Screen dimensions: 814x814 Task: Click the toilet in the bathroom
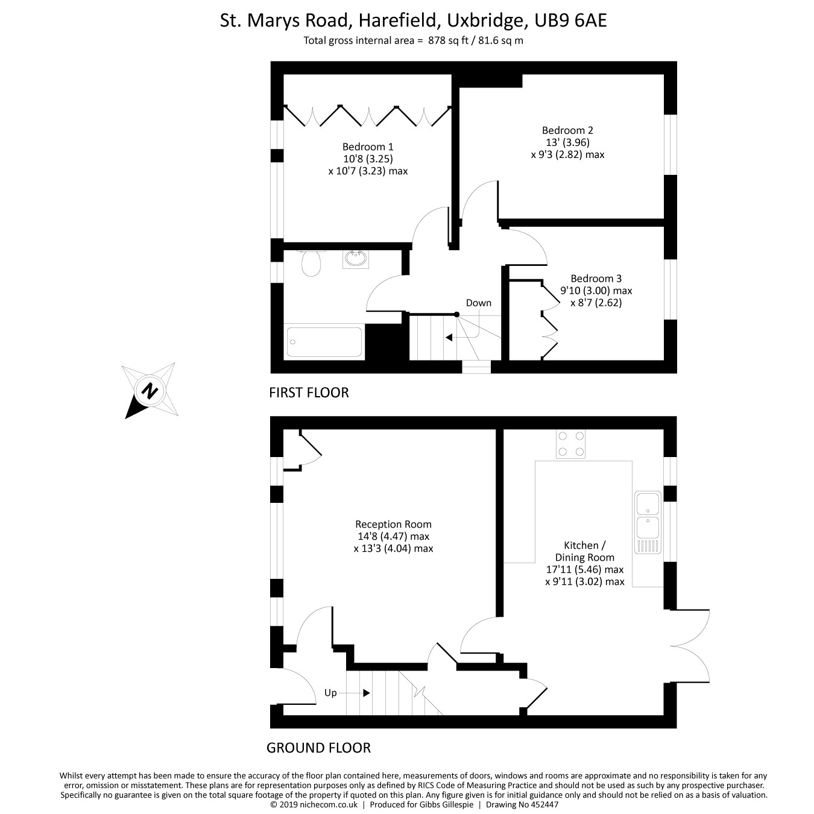(x=311, y=263)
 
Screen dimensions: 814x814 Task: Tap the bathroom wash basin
(x=356, y=259)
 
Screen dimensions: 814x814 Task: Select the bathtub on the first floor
(x=324, y=342)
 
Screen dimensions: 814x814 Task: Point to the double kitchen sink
(x=648, y=522)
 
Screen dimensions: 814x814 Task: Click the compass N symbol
(x=149, y=390)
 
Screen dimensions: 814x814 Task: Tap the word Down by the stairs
(x=479, y=303)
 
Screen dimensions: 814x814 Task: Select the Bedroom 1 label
(x=367, y=147)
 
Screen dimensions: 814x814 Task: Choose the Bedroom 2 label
(x=567, y=130)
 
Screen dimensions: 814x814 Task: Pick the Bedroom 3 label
(x=596, y=279)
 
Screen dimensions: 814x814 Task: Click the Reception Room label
(x=393, y=524)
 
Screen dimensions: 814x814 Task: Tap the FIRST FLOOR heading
(x=309, y=393)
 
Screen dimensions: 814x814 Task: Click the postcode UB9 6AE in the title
(x=570, y=21)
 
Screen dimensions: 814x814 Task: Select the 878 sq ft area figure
(x=448, y=40)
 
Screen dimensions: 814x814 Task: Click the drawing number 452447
(x=544, y=804)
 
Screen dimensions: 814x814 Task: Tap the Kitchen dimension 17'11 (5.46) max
(x=585, y=569)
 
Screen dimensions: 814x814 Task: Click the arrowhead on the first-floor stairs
(x=449, y=338)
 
